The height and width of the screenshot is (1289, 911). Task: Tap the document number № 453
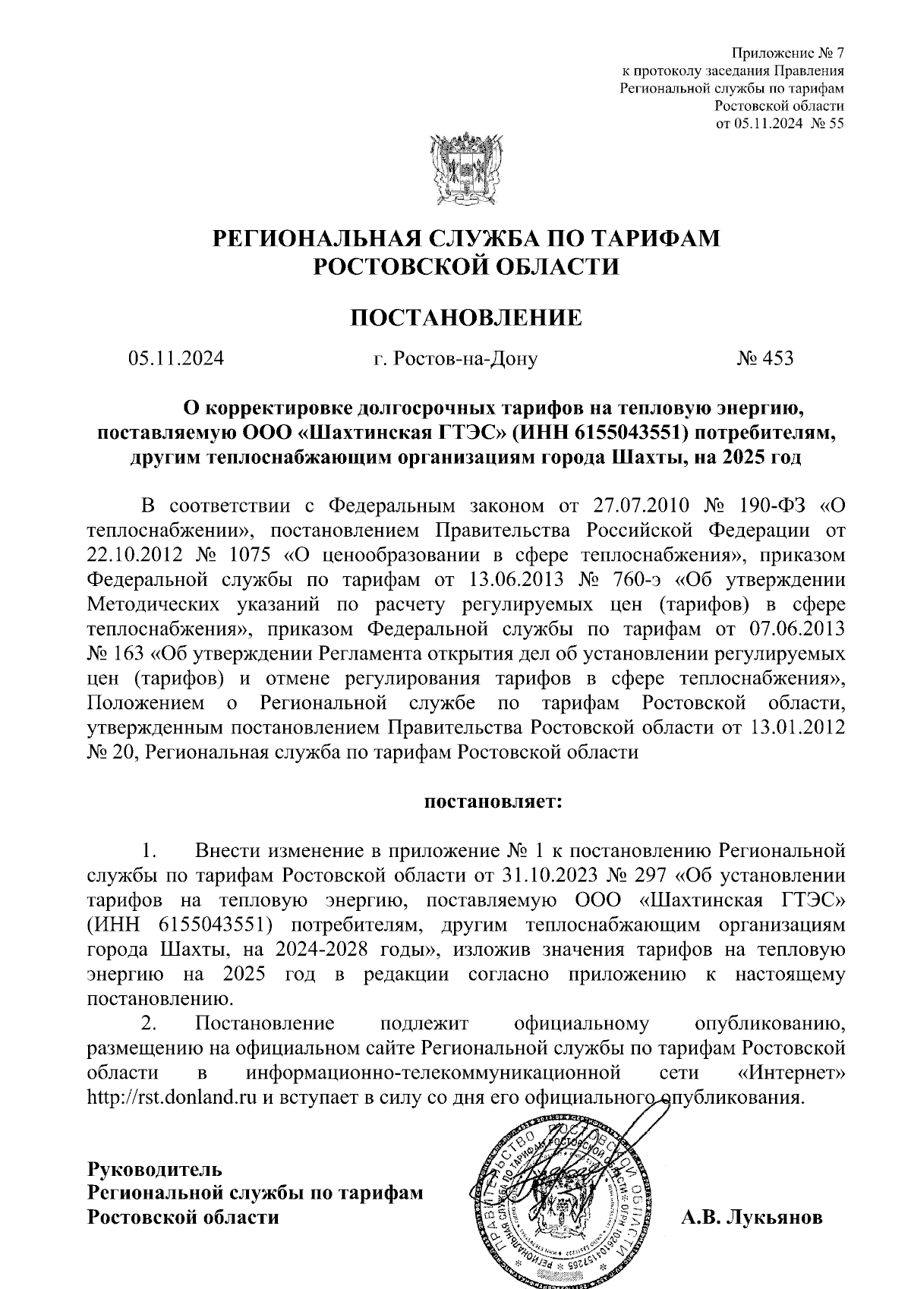tap(764, 358)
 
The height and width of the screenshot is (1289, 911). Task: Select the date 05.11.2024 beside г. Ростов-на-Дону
tap(176, 358)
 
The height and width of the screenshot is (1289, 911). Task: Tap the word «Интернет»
tap(791, 1073)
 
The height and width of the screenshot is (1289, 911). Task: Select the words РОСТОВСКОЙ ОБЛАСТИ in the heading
tap(466, 266)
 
